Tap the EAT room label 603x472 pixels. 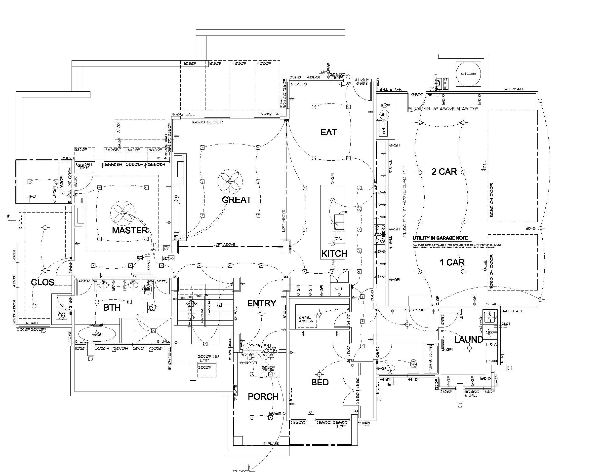pyautogui.click(x=328, y=132)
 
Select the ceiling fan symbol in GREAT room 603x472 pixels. pyautogui.click(x=230, y=181)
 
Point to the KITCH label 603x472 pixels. pyautogui.click(x=334, y=254)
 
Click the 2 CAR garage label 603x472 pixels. pyautogui.click(x=444, y=172)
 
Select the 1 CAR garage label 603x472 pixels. pyautogui.click(x=452, y=262)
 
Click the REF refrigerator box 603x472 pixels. pyautogui.click(x=339, y=289)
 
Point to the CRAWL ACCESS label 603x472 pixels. pyautogui.click(x=306, y=319)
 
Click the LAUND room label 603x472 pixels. pyautogui.click(x=468, y=339)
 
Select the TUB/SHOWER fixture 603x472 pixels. pyautogui.click(x=431, y=359)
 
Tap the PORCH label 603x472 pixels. pyautogui.click(x=263, y=397)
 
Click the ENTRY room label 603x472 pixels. pyautogui.click(x=261, y=303)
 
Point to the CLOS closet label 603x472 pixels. pyautogui.click(x=42, y=282)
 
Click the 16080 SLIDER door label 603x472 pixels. pyautogui.click(x=207, y=122)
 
